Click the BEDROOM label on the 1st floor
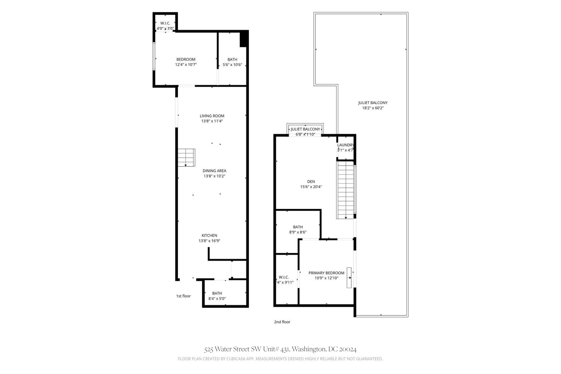coord(186,60)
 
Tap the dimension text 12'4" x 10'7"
coord(186,65)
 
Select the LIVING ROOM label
coord(212,116)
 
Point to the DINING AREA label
coord(214,171)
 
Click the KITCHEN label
coord(209,236)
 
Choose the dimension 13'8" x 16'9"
coord(209,241)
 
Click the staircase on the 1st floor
coord(186,157)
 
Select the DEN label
coord(311,182)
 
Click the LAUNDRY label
coord(345,145)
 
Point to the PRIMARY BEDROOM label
coord(326,273)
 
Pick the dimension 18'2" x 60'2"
coord(373,108)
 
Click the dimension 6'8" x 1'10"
coord(305,134)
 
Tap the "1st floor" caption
coord(183,296)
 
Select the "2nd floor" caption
coord(282,322)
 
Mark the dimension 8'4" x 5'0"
coord(217,299)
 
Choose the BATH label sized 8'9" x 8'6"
coord(298,227)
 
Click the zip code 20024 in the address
coord(348,349)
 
